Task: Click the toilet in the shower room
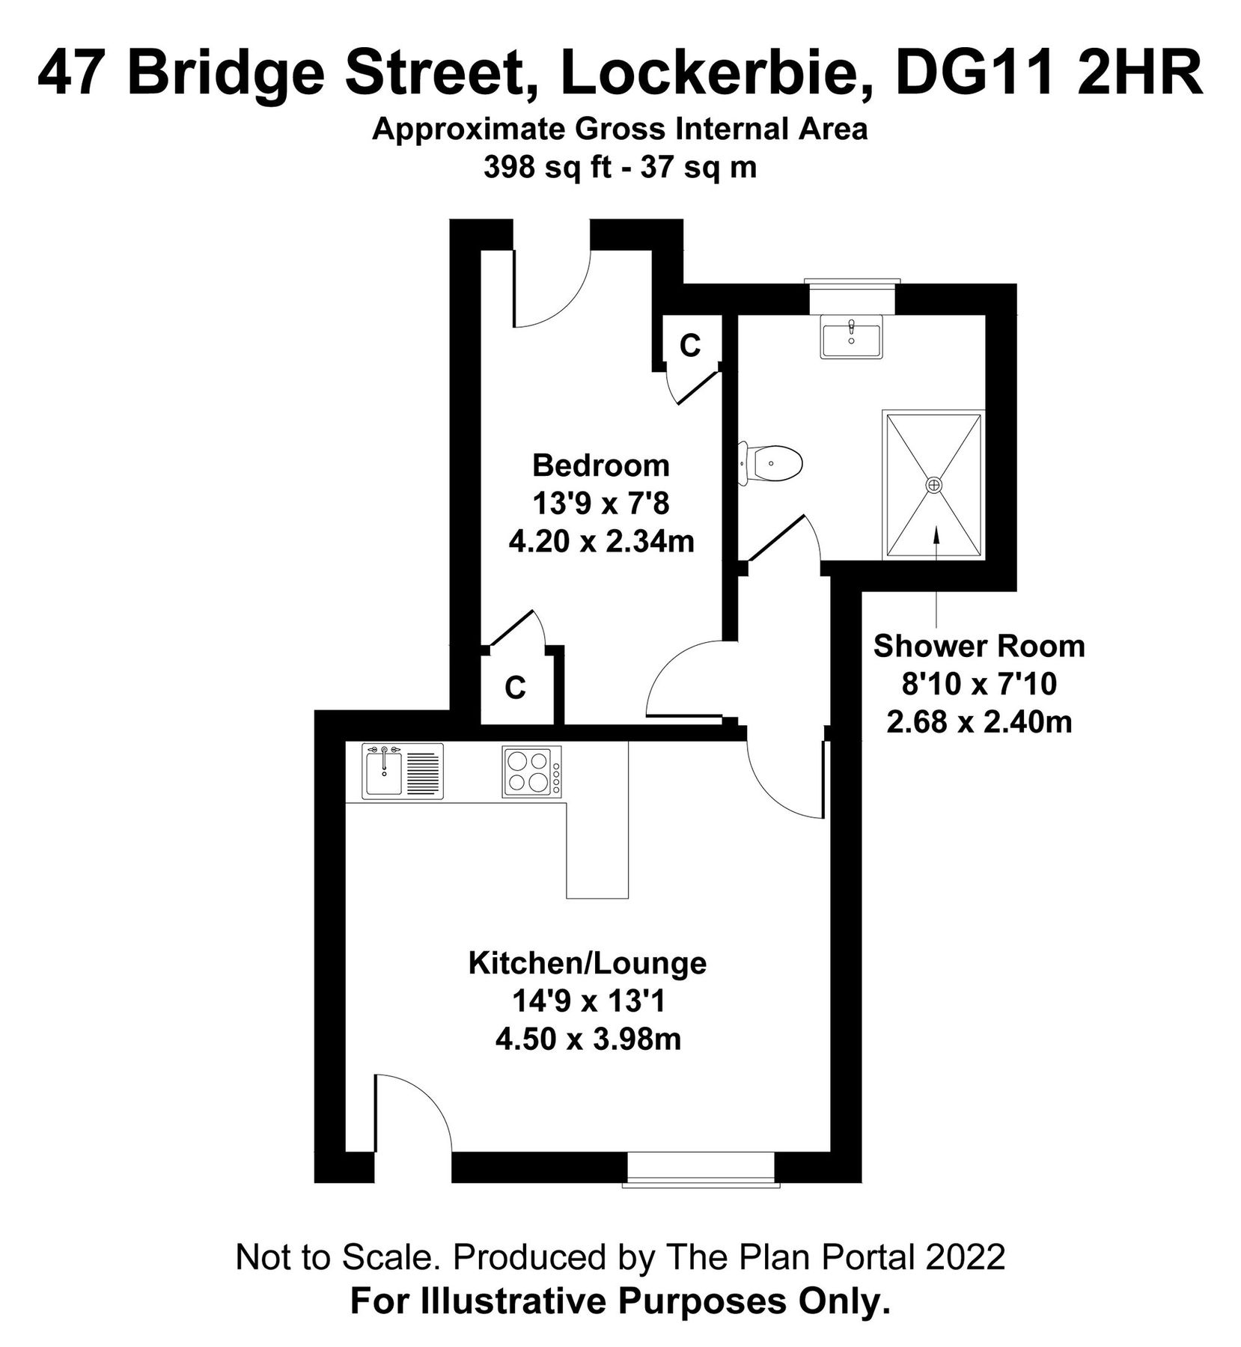(773, 462)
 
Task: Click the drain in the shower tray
(933, 485)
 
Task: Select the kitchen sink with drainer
(402, 771)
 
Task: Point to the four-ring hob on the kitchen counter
(531, 772)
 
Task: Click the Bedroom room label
(600, 465)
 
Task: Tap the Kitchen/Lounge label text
(587, 962)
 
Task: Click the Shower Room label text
(978, 646)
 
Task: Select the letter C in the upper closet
(689, 346)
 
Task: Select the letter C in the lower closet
(515, 688)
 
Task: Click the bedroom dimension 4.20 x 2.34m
(601, 541)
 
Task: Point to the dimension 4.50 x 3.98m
(588, 1039)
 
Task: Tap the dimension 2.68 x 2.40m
(979, 723)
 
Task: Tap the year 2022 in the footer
(965, 1258)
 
